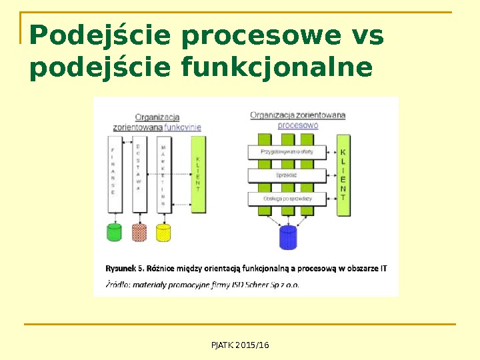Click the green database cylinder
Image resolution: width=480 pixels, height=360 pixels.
115,232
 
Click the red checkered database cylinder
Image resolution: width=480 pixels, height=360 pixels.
139,232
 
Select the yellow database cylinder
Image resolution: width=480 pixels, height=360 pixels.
163,232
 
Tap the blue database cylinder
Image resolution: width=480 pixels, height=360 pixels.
288,237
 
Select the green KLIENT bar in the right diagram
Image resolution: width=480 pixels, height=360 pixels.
343,175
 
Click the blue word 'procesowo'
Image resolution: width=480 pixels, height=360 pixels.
297,125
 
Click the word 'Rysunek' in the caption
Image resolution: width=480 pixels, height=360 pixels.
121,269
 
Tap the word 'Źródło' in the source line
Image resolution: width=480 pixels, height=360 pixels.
117,284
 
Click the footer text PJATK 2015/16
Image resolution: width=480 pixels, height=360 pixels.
240,345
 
